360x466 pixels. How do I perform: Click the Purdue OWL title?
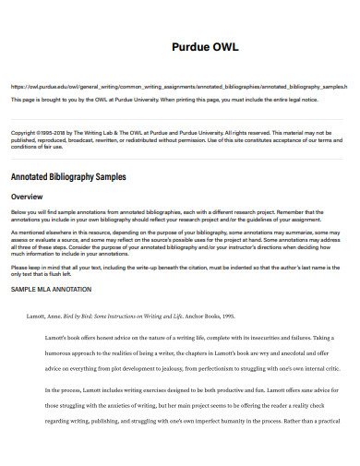click(x=206, y=48)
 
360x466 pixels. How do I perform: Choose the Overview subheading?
click(x=29, y=197)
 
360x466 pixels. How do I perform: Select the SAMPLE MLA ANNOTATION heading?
click(x=51, y=289)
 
